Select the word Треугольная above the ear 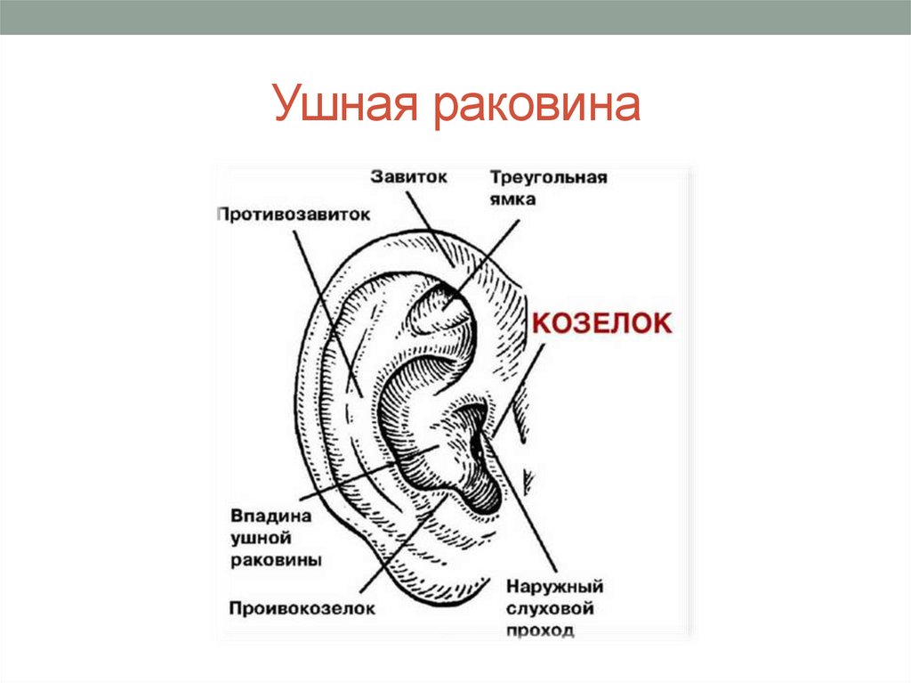coord(548,177)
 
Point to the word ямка coord(512,199)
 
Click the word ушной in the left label coord(262,538)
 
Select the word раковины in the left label coord(276,560)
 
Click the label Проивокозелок coord(301,608)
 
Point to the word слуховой coord(549,609)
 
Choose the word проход coord(540,630)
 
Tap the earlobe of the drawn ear coord(436,579)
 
